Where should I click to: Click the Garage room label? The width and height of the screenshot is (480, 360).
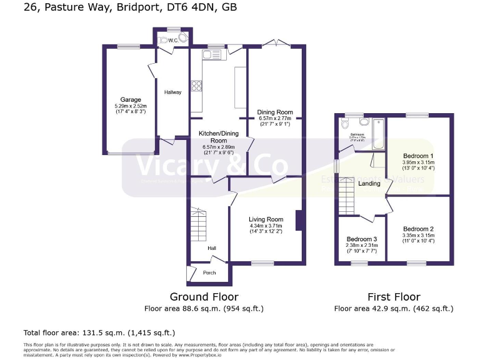(x=131, y=99)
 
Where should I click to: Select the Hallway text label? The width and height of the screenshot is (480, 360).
(x=172, y=92)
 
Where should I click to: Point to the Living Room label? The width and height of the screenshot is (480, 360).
(x=266, y=219)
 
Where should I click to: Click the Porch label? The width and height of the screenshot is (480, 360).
(x=209, y=273)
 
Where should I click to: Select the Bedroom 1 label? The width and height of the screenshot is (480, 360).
(x=418, y=156)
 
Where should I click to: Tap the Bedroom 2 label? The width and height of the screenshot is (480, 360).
(x=418, y=229)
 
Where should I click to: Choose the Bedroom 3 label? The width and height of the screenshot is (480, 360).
(x=362, y=239)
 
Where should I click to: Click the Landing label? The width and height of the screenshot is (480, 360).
(x=369, y=184)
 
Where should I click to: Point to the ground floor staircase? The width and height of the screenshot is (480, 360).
(x=198, y=228)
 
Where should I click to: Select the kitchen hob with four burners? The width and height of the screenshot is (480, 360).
(x=196, y=86)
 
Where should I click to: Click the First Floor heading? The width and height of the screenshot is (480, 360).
(x=394, y=297)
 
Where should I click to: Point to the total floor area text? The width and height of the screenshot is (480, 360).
(x=99, y=332)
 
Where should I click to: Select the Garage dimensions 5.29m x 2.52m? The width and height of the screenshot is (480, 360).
(x=131, y=106)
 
